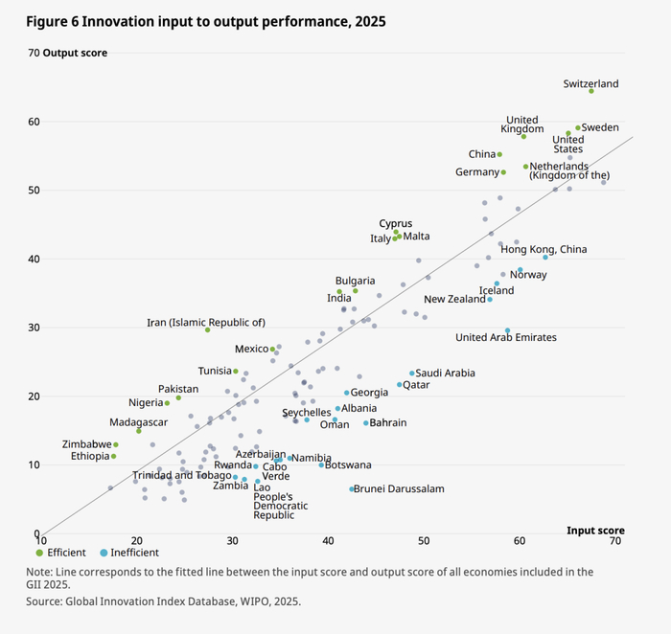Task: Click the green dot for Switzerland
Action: tap(591, 91)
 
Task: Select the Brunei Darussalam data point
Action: tap(352, 489)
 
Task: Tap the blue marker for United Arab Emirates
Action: tap(508, 331)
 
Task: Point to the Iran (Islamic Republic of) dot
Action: tap(207, 329)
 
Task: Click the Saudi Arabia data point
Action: tap(412, 374)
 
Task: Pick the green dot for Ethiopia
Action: tap(113, 456)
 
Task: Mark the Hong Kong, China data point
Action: tap(545, 257)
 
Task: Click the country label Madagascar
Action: tap(140, 422)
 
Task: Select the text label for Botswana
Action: tap(349, 464)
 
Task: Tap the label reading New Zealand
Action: tap(454, 300)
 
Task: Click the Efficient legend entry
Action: tap(62, 553)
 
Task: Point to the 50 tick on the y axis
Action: tap(35, 191)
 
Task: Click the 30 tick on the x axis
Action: tap(232, 541)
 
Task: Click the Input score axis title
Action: tap(595, 531)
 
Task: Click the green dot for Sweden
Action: tap(578, 127)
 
